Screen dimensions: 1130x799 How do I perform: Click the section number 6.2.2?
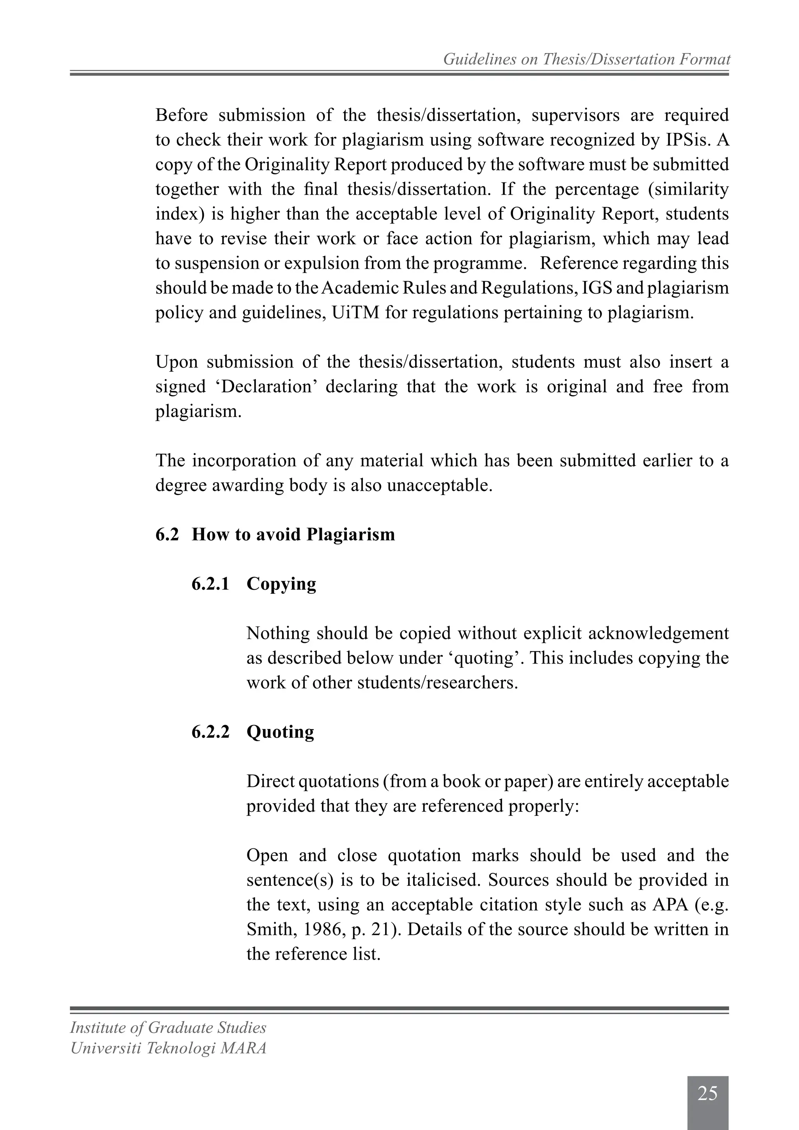pyautogui.click(x=211, y=732)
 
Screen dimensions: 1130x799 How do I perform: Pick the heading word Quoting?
pyautogui.click(x=280, y=732)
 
